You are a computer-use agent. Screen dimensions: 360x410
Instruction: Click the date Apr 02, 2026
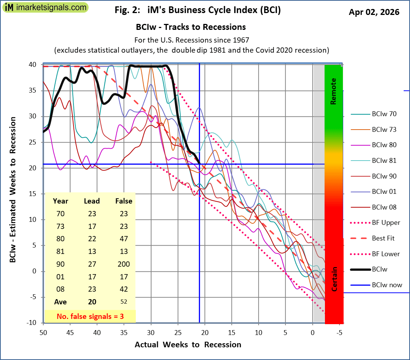click(374, 12)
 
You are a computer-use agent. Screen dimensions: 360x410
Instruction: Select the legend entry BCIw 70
click(384, 114)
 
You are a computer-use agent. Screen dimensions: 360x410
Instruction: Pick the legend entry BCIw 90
click(384, 176)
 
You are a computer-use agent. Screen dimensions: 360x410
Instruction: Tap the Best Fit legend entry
click(383, 238)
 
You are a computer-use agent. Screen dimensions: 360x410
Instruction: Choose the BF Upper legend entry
click(386, 223)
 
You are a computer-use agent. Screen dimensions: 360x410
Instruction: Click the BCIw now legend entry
click(387, 285)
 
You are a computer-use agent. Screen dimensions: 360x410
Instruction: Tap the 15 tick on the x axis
click(232, 332)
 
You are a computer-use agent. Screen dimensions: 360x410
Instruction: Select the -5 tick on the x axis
click(339, 332)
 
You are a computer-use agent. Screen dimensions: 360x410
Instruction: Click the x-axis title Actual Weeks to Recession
click(188, 344)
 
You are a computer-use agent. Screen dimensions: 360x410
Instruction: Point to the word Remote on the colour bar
click(334, 91)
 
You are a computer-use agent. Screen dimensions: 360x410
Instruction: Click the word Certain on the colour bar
click(335, 279)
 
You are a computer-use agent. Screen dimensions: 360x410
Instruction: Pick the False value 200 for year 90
click(123, 264)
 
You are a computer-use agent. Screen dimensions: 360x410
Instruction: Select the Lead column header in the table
click(91, 201)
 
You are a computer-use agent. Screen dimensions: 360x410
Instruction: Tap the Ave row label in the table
click(60, 302)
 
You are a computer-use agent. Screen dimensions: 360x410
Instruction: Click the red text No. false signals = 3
click(90, 316)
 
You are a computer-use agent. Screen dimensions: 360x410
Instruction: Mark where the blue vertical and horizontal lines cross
click(200, 164)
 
